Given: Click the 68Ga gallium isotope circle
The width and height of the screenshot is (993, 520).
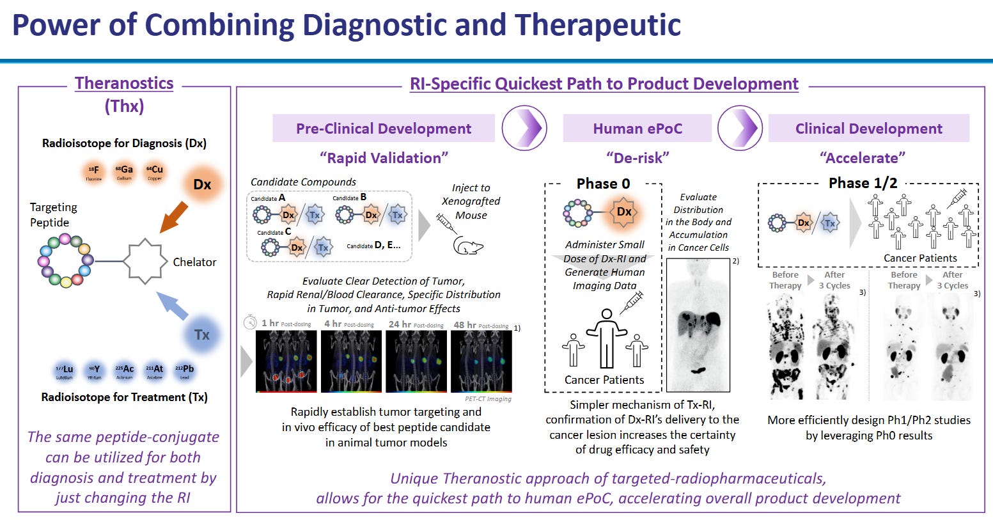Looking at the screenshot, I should (x=124, y=171).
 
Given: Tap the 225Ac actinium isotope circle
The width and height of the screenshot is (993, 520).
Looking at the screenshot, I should (x=125, y=370).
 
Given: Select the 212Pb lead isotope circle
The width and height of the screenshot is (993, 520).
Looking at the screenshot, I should (x=184, y=370).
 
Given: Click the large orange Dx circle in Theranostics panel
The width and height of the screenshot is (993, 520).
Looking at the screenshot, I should (x=201, y=184).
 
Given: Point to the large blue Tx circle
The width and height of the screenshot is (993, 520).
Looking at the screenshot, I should (x=201, y=335).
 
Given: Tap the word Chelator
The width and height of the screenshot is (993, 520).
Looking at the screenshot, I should (x=194, y=262).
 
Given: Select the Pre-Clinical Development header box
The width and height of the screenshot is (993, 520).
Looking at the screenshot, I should (x=384, y=129).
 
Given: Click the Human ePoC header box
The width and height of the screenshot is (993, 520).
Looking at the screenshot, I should (x=637, y=129).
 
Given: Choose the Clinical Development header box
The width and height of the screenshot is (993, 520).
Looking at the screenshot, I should (x=868, y=129).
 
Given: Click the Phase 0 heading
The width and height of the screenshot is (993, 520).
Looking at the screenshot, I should (x=603, y=184).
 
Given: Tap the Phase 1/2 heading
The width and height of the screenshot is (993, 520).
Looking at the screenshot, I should (x=863, y=183).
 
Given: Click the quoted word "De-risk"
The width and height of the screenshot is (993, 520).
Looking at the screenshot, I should (x=637, y=158).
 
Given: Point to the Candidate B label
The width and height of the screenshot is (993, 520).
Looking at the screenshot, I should (x=349, y=198).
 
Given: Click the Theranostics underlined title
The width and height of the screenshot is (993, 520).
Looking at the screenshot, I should (x=124, y=83).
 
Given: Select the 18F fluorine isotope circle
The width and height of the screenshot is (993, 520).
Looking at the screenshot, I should (x=94, y=171).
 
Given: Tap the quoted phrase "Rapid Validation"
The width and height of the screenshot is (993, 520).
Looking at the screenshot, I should (x=384, y=158).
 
